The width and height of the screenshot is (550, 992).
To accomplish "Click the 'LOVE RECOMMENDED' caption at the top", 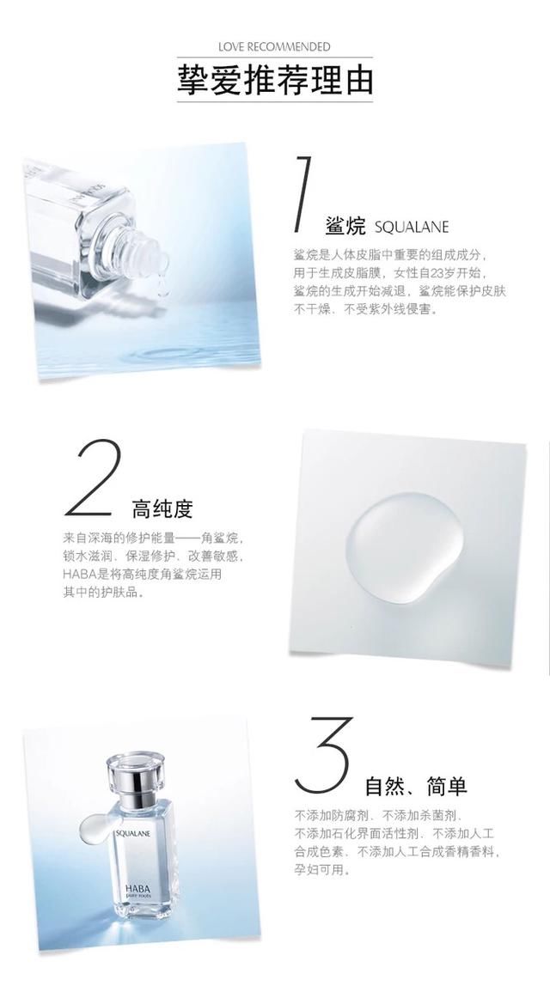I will [x=274, y=46].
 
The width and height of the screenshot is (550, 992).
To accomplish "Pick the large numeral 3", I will [x=323, y=756].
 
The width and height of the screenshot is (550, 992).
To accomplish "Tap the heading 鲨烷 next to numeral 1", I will [x=347, y=226].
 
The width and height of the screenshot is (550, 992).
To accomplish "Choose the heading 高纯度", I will [x=162, y=509].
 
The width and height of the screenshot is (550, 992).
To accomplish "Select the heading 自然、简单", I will [x=416, y=786].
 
